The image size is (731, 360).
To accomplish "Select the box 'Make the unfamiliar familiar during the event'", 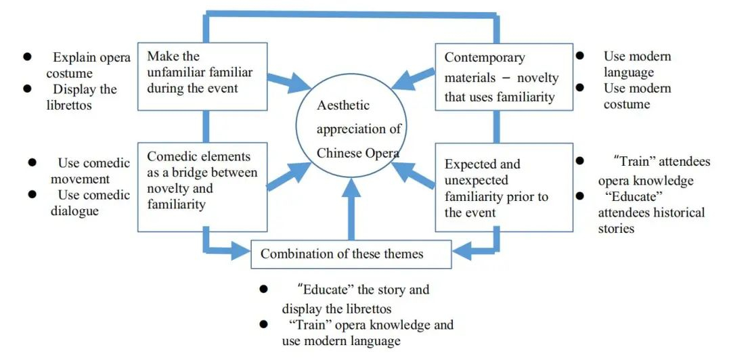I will (x=202, y=76).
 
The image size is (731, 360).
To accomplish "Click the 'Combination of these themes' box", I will (x=351, y=254).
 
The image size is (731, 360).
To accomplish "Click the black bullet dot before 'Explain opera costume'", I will (x=28, y=57).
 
